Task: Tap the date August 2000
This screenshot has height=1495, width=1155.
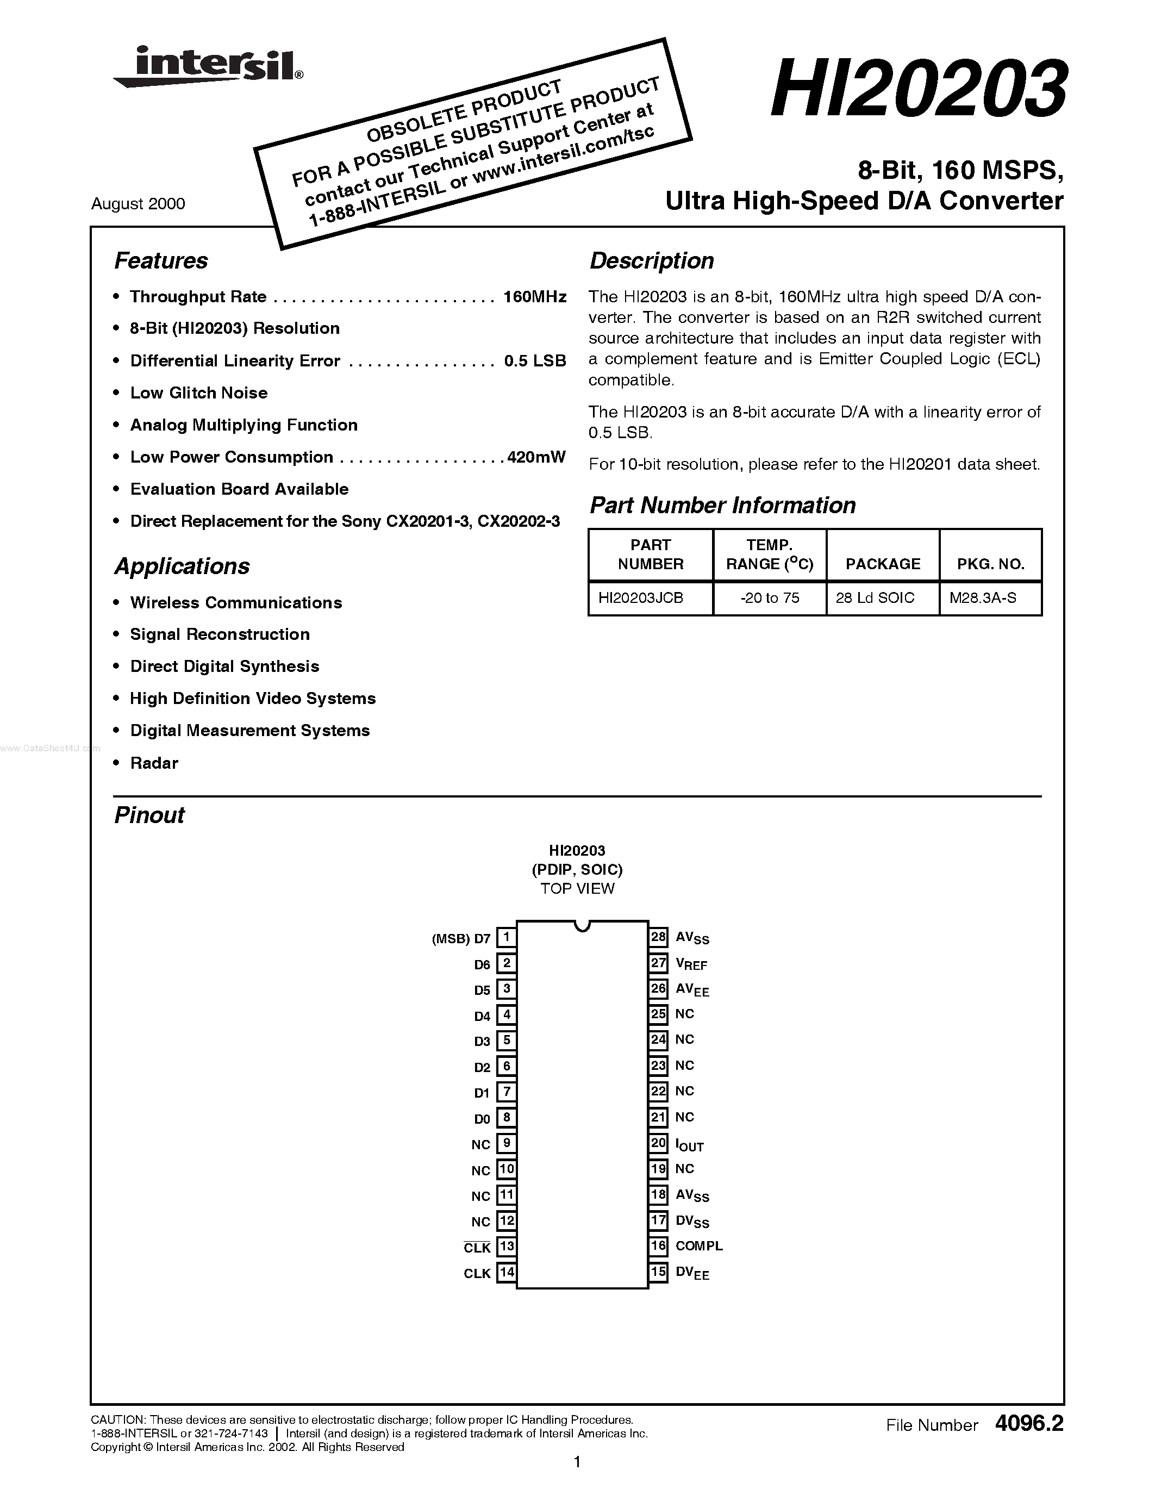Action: pos(138,204)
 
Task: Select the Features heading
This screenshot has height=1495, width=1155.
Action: pos(161,261)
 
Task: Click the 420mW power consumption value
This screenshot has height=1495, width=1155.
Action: pos(536,457)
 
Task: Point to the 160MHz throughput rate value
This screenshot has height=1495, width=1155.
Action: pos(534,297)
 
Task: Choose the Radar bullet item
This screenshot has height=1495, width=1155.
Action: pos(154,763)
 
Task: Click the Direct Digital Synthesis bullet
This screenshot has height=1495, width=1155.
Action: pos(224,666)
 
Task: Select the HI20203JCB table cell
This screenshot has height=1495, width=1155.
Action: pos(640,597)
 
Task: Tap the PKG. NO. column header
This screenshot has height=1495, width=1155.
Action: pos(990,564)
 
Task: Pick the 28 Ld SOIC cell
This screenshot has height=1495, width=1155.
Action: pos(875,597)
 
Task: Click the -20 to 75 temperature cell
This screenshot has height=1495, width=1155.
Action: pos(770,597)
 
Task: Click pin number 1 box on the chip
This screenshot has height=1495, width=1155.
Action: pos(507,937)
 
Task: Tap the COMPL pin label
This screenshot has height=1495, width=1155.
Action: pos(698,1246)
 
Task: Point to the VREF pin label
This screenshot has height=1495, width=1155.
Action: pos(691,964)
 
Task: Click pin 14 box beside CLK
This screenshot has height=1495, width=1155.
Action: pos(507,1273)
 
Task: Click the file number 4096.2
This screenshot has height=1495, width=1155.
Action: pos(1030,1424)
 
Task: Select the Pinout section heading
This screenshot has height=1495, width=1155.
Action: pos(149,815)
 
